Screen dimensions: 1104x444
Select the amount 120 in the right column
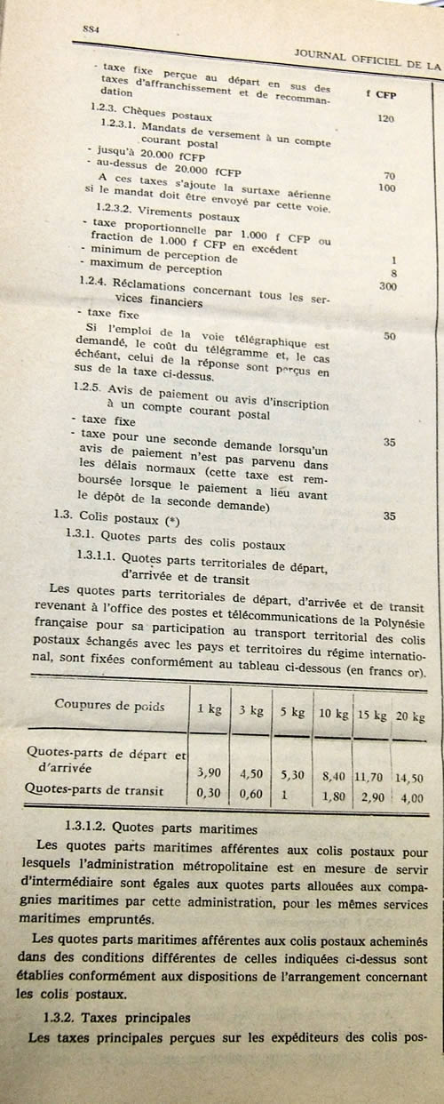pos(385,118)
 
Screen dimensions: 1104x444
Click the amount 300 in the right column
pos(387,286)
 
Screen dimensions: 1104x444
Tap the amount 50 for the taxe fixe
pos(389,336)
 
